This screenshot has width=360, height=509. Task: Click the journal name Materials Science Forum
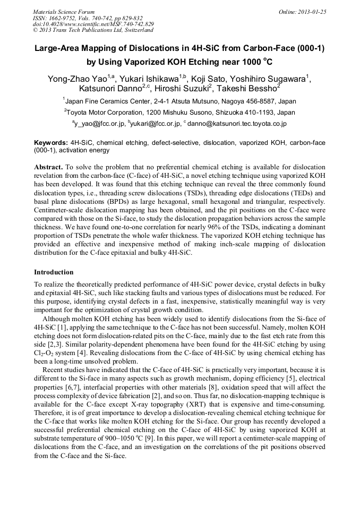(64, 12)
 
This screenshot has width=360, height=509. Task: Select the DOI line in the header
(93, 24)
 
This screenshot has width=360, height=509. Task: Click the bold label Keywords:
(51, 143)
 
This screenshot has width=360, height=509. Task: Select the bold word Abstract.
(48, 167)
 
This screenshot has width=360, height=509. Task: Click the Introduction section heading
(54, 272)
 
